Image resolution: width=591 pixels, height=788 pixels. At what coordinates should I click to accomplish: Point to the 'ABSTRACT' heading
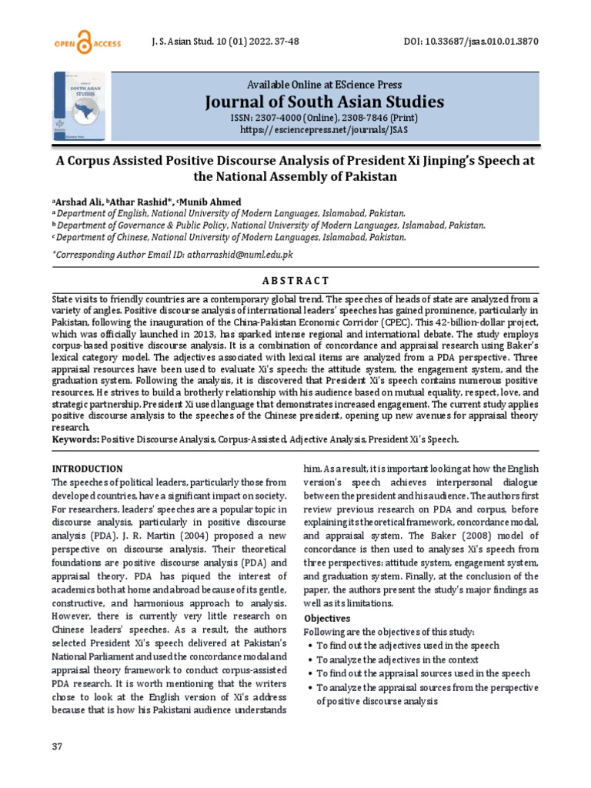click(x=295, y=280)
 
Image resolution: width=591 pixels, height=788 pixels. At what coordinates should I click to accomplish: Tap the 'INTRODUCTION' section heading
click(x=86, y=469)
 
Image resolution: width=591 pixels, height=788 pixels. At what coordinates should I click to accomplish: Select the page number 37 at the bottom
click(x=56, y=747)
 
